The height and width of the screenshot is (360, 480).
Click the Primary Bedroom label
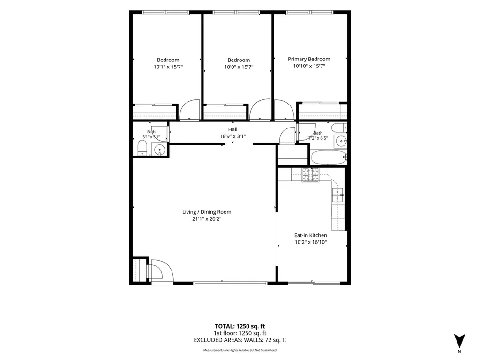click(x=309, y=59)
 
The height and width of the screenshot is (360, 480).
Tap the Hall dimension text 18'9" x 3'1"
click(x=232, y=136)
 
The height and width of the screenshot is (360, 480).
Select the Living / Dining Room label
click(x=207, y=212)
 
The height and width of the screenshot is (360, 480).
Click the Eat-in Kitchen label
click(x=311, y=235)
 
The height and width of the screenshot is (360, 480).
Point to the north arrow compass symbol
click(x=459, y=341)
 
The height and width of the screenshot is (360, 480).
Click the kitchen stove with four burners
click(x=310, y=175)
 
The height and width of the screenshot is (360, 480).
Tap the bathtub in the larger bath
click(x=329, y=157)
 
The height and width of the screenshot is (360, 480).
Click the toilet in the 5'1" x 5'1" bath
click(x=142, y=148)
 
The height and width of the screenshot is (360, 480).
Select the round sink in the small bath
click(x=159, y=150)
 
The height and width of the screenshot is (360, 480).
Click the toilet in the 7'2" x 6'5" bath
click(x=339, y=127)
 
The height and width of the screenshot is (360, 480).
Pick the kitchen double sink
click(x=337, y=195)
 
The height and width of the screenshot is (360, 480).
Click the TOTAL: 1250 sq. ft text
click(x=240, y=326)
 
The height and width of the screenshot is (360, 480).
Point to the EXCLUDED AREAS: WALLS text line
click(x=240, y=340)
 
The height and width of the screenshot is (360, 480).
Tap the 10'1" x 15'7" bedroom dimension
click(x=168, y=67)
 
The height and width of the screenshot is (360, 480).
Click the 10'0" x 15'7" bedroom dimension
click(x=239, y=67)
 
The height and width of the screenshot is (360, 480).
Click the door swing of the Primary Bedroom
click(x=285, y=110)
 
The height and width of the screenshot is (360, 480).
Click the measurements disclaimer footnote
click(x=240, y=350)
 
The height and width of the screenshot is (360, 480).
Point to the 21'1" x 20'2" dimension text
click(x=207, y=219)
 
